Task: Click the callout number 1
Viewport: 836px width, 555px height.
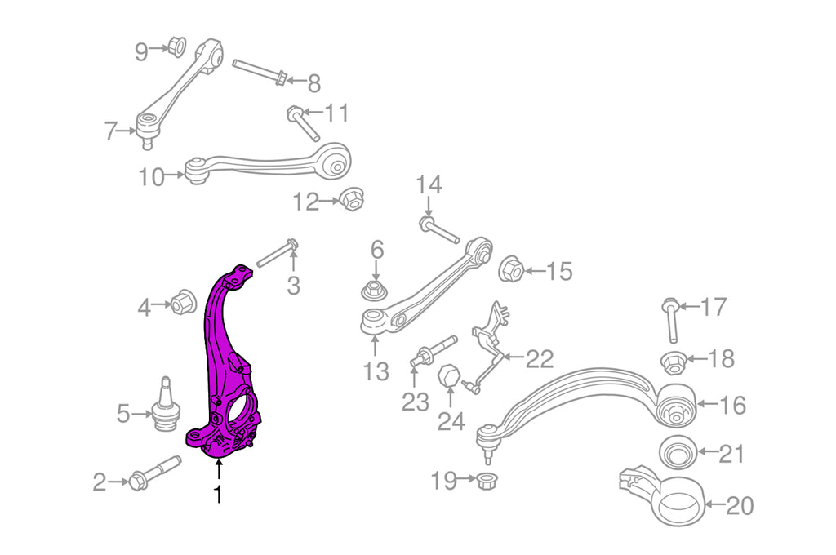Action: click(x=217, y=495)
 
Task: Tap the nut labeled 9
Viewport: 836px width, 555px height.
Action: click(x=176, y=46)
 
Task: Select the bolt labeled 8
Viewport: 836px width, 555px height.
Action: click(x=261, y=73)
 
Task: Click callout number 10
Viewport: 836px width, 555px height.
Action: click(x=151, y=177)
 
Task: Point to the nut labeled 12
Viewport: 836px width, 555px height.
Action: click(x=351, y=199)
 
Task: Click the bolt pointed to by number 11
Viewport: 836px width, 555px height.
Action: click(x=304, y=124)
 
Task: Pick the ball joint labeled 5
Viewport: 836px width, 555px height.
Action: click(x=165, y=406)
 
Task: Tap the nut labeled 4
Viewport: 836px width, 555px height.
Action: click(x=182, y=302)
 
